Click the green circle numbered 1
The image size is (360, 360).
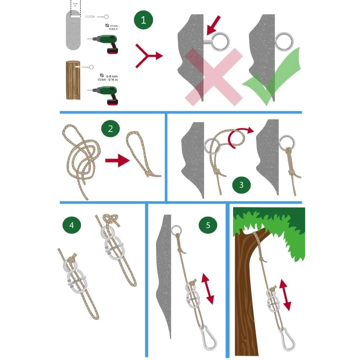(144, 19)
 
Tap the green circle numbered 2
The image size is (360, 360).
(111, 129)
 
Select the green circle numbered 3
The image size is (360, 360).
(241, 185)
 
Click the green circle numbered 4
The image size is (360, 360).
(71, 225)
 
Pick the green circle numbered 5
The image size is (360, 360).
(208, 225)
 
